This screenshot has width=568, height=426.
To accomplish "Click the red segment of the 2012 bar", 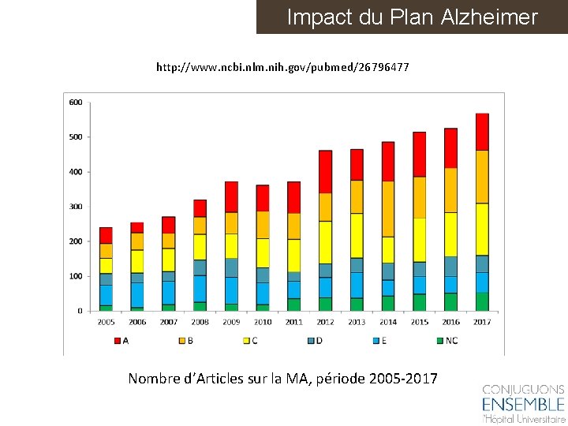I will pos(325,171).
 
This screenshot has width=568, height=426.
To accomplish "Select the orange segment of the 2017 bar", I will pos(482,177).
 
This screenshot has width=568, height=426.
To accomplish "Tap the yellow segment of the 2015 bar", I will pos(419,240).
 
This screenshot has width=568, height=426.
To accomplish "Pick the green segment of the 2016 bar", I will pos(450,302).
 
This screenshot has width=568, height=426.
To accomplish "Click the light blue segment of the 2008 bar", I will pos(200,288).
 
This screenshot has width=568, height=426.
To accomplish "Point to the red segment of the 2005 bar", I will pos(106,235).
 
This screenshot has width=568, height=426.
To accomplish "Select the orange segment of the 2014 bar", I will pos(387,208).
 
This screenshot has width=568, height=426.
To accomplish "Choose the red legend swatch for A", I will pos(118,340).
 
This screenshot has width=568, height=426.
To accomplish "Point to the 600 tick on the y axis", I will pos(76,103).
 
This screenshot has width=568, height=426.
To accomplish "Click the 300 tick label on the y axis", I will pos(76,207).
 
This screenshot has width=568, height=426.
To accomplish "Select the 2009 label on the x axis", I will pos(231,322).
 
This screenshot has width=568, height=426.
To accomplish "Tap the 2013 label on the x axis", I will pos(357,322).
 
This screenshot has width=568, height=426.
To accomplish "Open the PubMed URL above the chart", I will pos(282,67).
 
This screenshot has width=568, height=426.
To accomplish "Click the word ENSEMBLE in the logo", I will pos(523,405).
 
